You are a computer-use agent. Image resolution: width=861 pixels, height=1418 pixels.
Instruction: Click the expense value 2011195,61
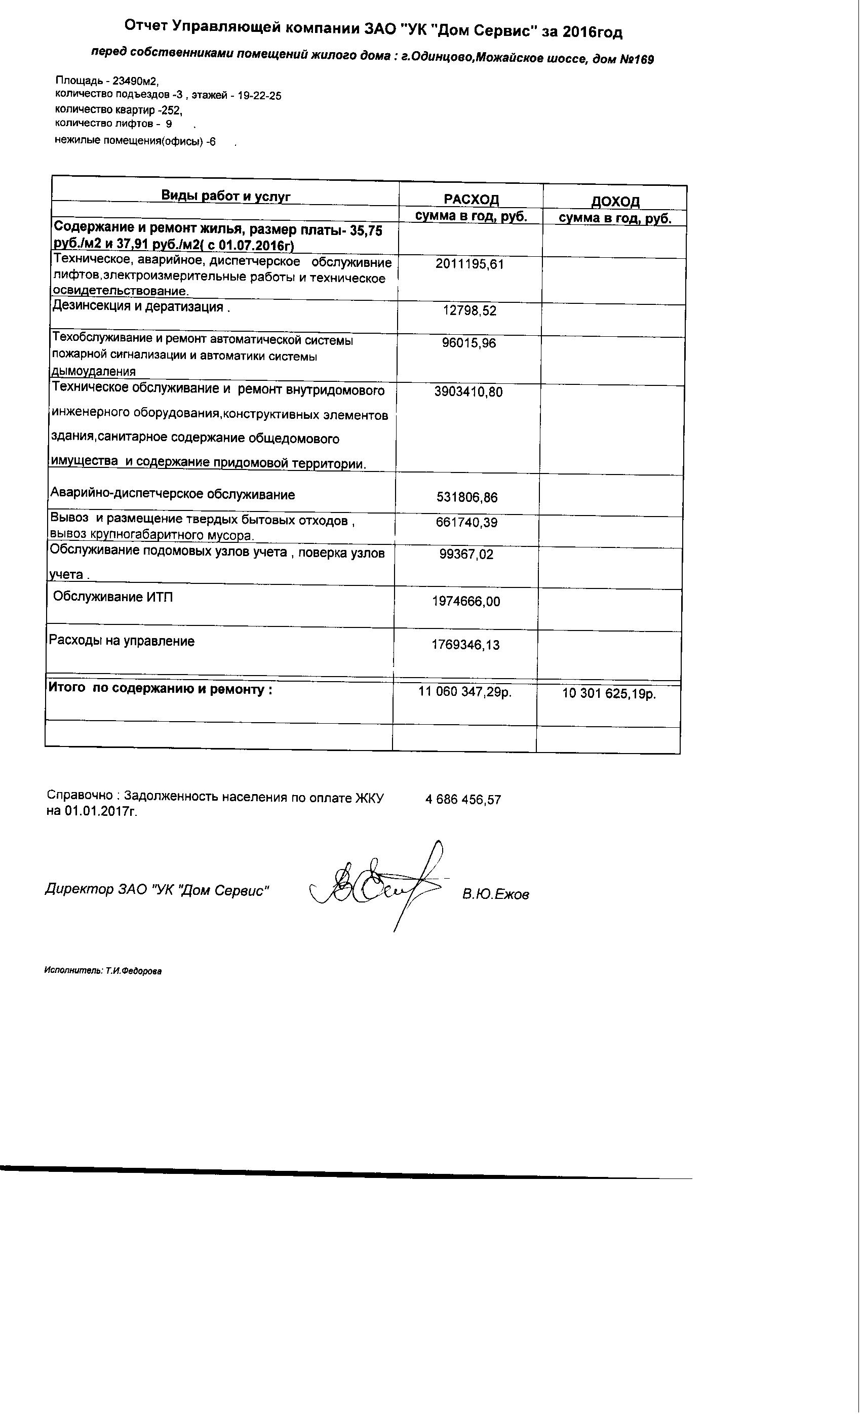pyautogui.click(x=469, y=264)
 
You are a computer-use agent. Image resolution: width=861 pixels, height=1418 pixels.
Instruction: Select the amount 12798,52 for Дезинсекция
pyautogui.click(x=469, y=311)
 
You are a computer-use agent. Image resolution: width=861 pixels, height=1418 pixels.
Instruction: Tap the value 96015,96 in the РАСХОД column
pyautogui.click(x=469, y=343)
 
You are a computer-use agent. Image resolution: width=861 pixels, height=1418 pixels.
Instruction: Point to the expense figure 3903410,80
pyautogui.click(x=468, y=392)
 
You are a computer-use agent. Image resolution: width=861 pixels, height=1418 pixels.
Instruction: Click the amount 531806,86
pyautogui.click(x=467, y=497)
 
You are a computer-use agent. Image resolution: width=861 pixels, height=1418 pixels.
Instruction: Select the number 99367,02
pyautogui.click(x=466, y=554)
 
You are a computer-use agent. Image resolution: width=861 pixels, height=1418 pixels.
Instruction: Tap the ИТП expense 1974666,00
pyautogui.click(x=465, y=602)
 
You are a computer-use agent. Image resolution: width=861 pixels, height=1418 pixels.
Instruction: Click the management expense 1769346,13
pyautogui.click(x=465, y=645)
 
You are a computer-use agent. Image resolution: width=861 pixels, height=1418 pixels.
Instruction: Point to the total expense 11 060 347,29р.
pyautogui.click(x=464, y=692)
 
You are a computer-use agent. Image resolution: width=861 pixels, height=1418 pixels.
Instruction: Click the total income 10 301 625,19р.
pyautogui.click(x=608, y=693)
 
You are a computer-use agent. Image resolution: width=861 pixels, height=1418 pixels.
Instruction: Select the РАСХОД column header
pyautogui.click(x=471, y=199)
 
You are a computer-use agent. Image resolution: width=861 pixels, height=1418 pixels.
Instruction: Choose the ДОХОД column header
pyautogui.click(x=615, y=202)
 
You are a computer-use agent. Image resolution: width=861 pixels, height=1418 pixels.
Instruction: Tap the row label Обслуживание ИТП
pyautogui.click(x=113, y=597)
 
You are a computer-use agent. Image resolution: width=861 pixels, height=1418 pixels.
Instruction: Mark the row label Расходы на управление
pyautogui.click(x=122, y=641)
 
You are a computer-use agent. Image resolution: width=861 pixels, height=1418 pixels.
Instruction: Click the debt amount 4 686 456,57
pyautogui.click(x=463, y=799)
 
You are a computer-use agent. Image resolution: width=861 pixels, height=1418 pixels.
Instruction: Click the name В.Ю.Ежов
pyautogui.click(x=495, y=894)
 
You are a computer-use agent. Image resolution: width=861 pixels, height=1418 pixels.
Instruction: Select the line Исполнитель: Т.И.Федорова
pyautogui.click(x=103, y=971)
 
